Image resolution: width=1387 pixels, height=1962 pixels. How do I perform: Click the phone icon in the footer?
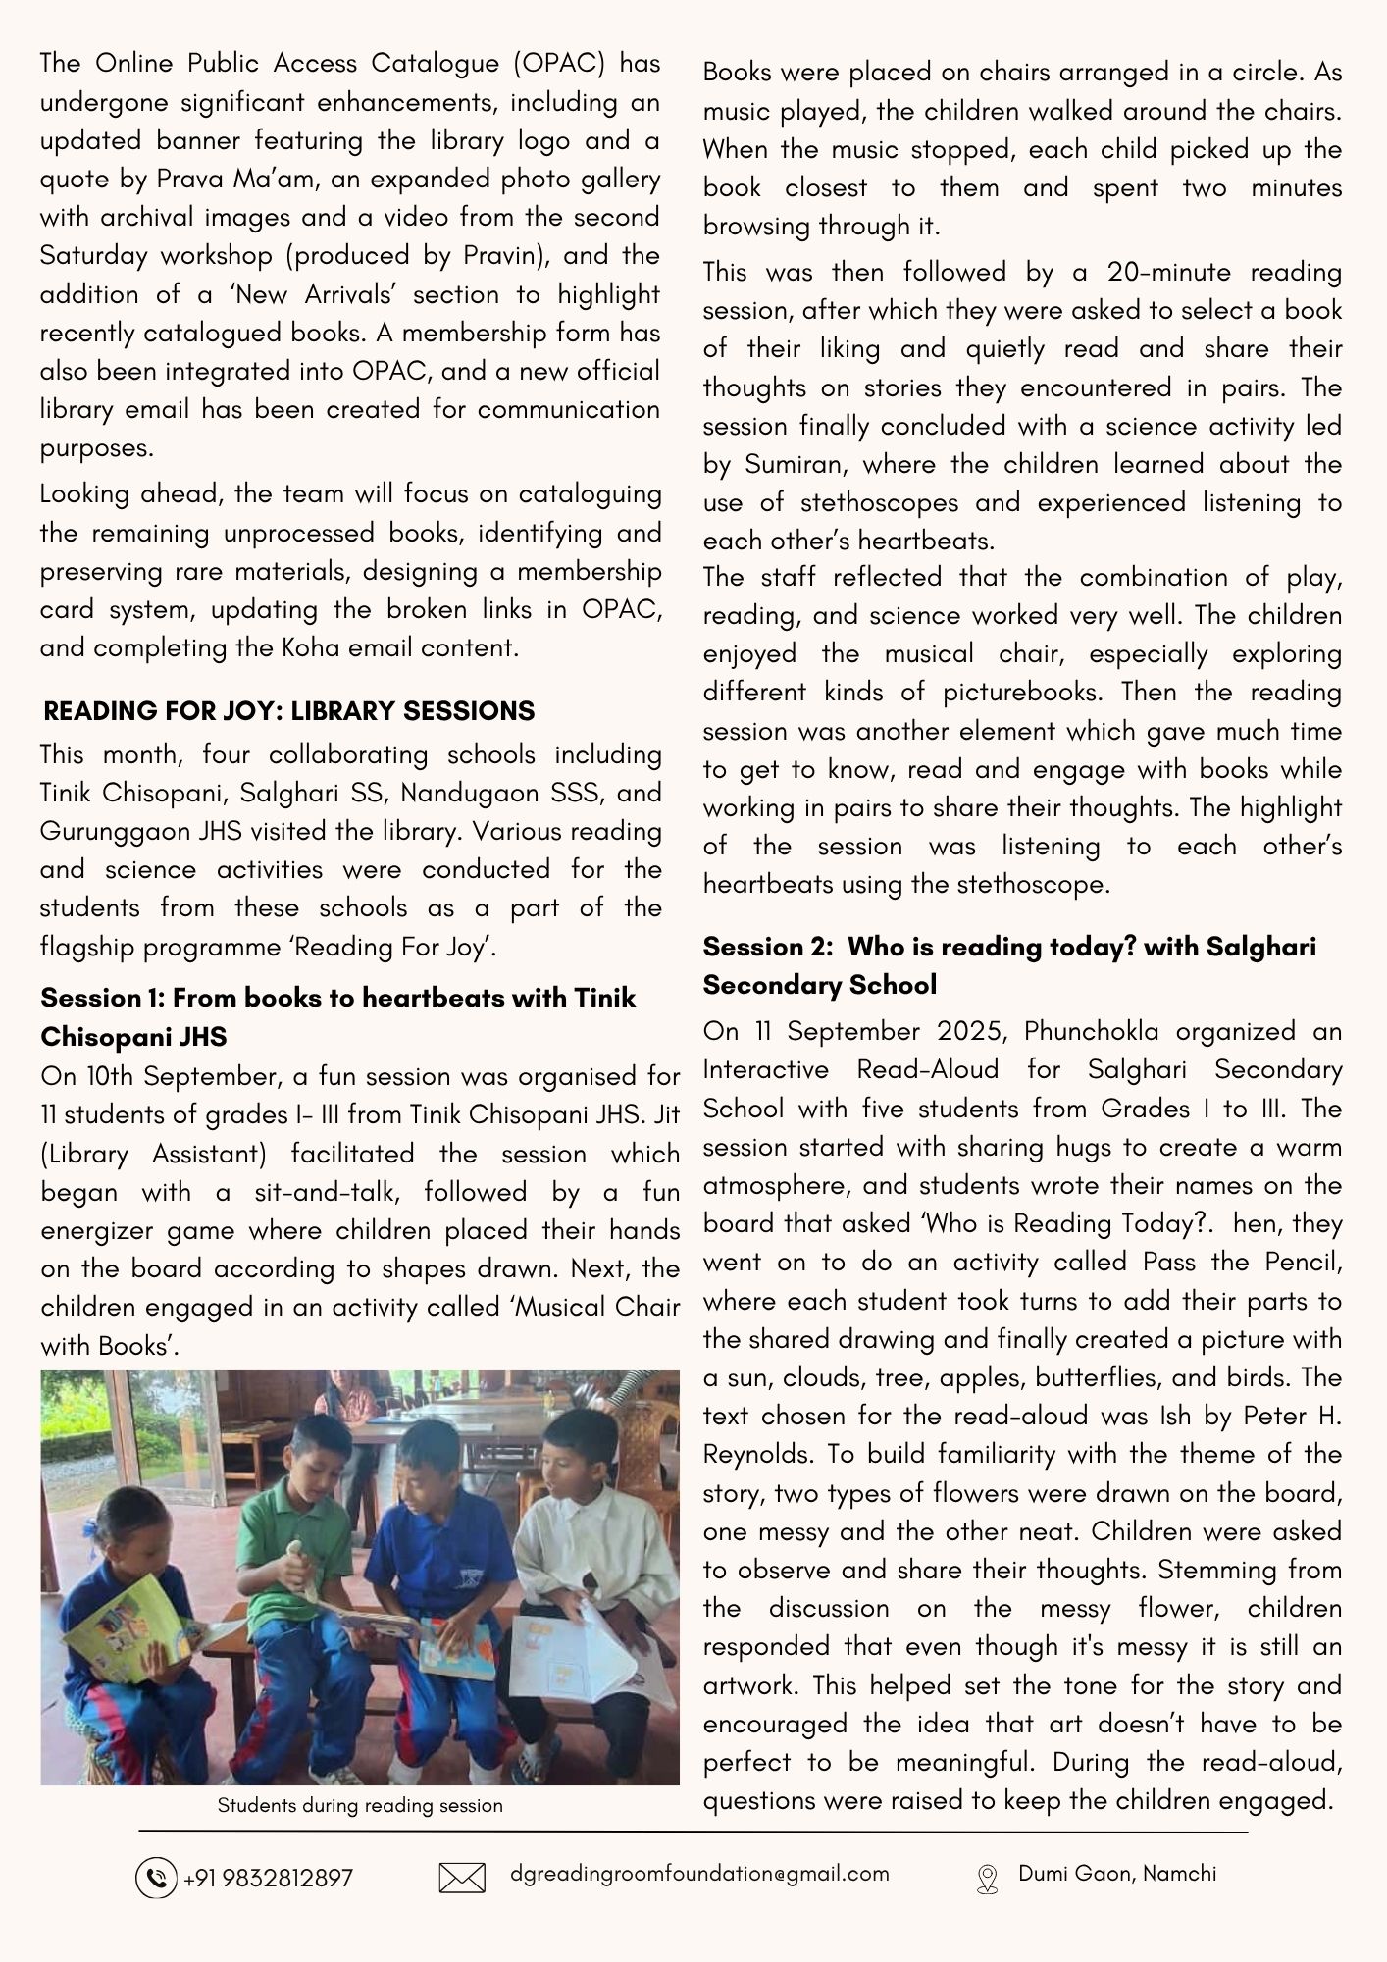(155, 1878)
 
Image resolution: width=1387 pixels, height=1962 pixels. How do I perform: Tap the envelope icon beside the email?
(462, 1878)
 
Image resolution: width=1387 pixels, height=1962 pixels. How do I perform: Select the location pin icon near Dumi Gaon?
(987, 1879)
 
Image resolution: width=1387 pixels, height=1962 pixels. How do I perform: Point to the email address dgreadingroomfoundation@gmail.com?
(699, 1874)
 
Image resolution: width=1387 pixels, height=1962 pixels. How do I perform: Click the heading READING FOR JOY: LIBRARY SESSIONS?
(289, 711)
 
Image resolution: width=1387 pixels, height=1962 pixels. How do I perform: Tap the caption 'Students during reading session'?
(360, 1806)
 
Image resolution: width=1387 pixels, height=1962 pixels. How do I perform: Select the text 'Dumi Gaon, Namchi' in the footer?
(1117, 1874)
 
